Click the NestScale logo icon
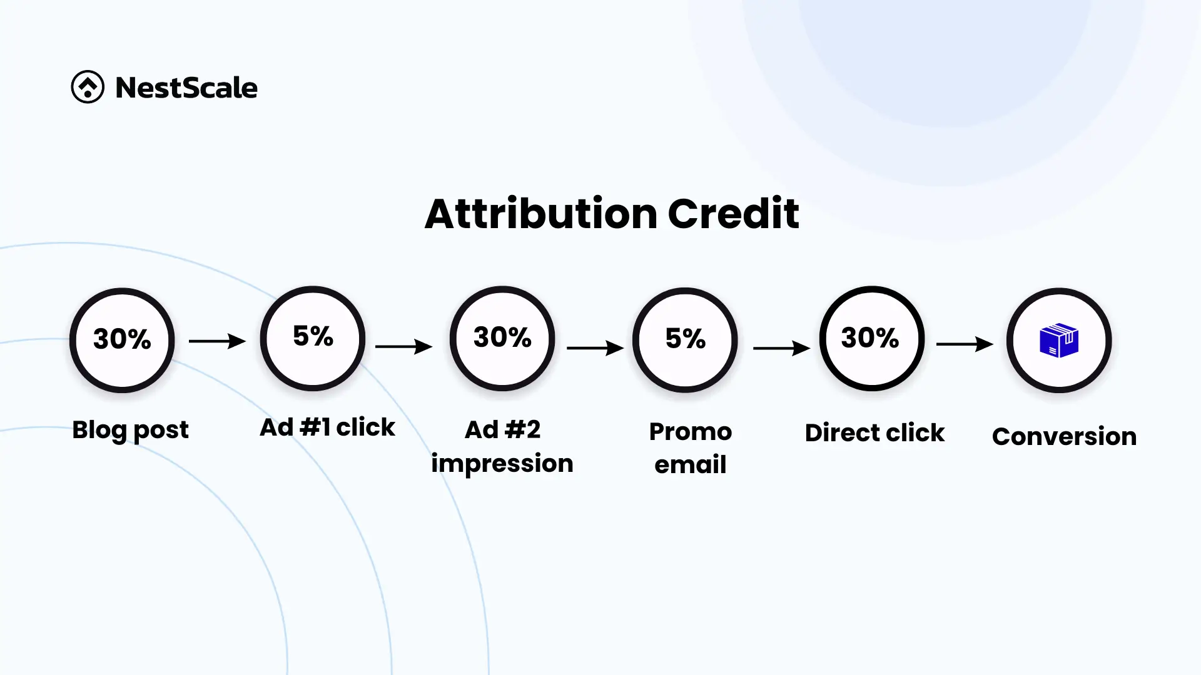(88, 87)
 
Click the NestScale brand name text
(186, 87)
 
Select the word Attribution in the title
(541, 214)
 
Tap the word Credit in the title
(733, 214)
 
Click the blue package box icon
(1059, 340)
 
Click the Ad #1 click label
(327, 427)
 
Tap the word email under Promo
(691, 464)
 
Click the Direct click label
(874, 432)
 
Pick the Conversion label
(1064, 436)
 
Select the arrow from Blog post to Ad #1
(217, 341)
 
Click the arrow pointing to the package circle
(965, 344)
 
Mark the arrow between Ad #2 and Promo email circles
(595, 347)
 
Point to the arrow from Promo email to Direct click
(781, 347)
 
